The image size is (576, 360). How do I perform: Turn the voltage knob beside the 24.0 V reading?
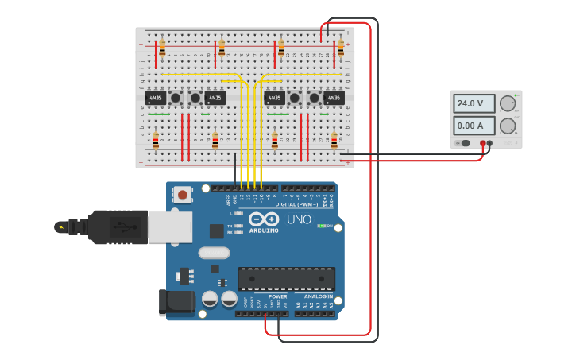tap(507, 103)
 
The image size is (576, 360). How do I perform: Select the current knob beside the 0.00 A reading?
tap(507, 126)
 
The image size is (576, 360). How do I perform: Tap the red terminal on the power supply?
tap(482, 143)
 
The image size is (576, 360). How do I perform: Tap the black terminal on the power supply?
tap(489, 143)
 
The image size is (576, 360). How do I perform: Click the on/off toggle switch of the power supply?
tap(463, 143)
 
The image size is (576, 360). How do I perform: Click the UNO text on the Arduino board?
tap(299, 219)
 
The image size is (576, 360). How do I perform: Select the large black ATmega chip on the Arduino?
tap(286, 279)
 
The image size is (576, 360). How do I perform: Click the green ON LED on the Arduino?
tap(322, 226)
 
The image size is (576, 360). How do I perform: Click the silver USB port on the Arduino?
tap(169, 226)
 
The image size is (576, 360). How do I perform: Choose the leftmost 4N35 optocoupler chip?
tap(156, 98)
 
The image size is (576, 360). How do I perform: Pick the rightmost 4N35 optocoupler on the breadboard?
tap(334, 98)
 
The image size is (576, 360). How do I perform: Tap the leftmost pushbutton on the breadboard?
tap(176, 98)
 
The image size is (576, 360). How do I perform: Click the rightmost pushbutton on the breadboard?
tap(314, 98)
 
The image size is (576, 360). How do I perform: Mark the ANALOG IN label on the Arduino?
tap(318, 296)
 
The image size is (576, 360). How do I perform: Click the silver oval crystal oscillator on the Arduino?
tap(213, 253)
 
